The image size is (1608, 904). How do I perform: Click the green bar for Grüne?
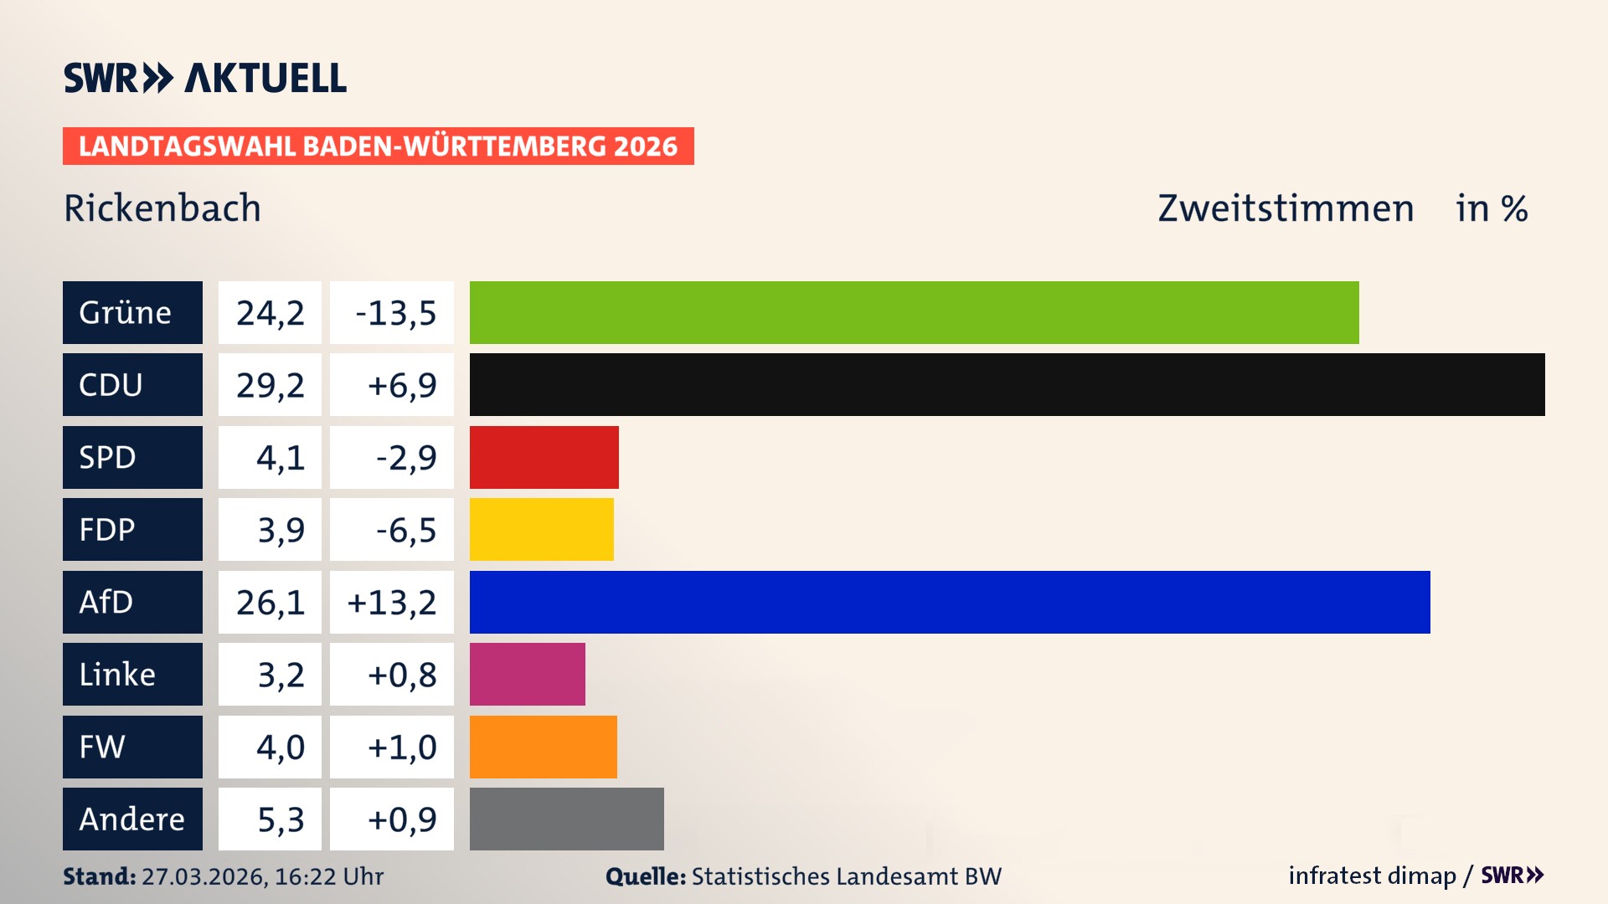(914, 312)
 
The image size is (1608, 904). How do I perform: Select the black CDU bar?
(1007, 384)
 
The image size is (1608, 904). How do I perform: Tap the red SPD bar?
(544, 457)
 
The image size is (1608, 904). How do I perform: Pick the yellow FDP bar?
(541, 529)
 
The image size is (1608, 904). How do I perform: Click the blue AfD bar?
(950, 602)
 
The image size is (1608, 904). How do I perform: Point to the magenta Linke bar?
(527, 674)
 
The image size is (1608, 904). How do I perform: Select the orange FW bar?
(543, 747)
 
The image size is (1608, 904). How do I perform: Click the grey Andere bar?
(566, 819)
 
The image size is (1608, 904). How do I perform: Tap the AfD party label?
(132, 602)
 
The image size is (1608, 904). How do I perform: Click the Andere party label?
(132, 819)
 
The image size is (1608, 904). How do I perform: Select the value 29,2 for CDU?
(270, 385)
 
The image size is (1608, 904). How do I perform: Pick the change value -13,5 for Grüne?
(392, 313)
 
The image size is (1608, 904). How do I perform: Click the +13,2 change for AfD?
(392, 603)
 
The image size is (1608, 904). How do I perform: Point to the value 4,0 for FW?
(270, 747)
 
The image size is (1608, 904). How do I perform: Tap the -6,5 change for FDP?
(392, 530)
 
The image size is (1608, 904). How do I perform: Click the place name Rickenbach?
(162, 208)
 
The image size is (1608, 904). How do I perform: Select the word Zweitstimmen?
(1286, 208)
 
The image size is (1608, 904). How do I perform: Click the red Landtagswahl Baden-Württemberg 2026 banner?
(378, 146)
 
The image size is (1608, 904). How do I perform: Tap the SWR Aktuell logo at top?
(205, 78)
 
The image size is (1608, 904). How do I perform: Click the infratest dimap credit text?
(1372, 876)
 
